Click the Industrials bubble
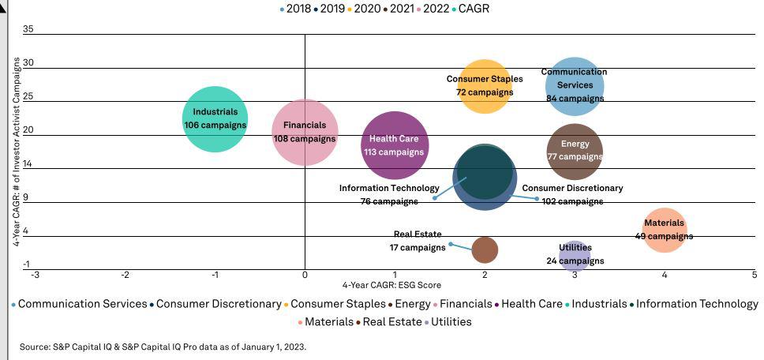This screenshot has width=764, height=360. point(215,119)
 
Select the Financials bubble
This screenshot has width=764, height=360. point(305,133)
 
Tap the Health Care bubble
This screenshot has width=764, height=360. point(395,145)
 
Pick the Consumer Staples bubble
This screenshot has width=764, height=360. point(485,86)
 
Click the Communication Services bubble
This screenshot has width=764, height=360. point(575,85)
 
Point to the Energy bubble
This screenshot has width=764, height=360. point(575,151)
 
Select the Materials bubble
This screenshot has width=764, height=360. point(665,230)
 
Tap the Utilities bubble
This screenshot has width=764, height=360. point(575,254)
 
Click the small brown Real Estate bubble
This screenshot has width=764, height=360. point(485,250)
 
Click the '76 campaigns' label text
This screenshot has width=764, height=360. point(389,201)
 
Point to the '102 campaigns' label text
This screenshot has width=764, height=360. point(572,201)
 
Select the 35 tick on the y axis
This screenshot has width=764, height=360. point(28,29)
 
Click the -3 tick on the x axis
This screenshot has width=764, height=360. point(35,275)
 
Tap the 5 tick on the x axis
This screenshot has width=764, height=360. point(755,275)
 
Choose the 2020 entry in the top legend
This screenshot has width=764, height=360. point(367,9)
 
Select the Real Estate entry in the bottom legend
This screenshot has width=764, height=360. point(392,322)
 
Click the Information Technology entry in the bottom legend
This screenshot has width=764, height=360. point(696,304)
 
